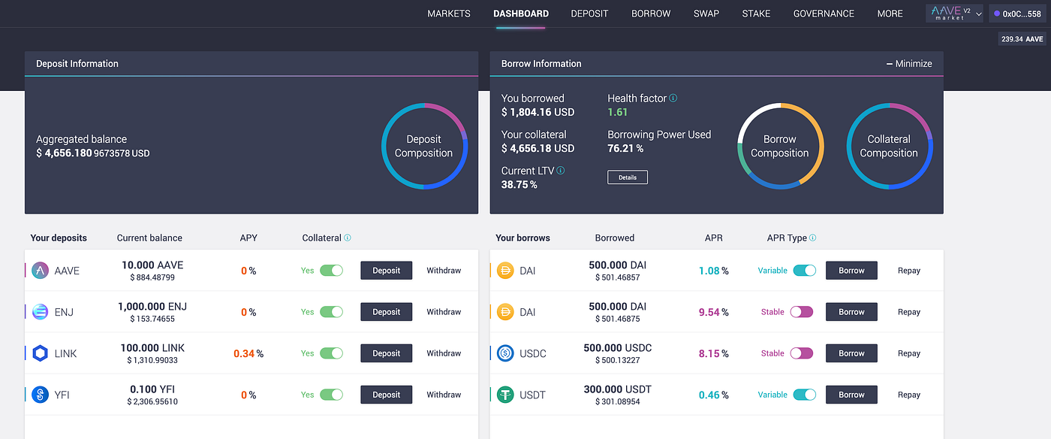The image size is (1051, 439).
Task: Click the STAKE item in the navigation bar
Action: (756, 14)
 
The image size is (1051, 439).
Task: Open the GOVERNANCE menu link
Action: (824, 14)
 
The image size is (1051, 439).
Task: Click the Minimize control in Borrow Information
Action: (909, 64)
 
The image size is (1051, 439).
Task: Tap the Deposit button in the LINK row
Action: (386, 353)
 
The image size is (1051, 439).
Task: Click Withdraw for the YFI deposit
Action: (444, 395)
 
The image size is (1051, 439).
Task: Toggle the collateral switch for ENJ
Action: (331, 312)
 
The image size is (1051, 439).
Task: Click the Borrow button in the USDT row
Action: (851, 395)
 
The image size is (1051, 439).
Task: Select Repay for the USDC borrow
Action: (908, 353)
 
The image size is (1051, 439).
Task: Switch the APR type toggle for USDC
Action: (801, 353)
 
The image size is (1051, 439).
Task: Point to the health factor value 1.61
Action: (617, 112)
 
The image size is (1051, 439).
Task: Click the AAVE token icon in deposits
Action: (41, 271)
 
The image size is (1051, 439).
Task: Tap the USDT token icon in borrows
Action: (505, 395)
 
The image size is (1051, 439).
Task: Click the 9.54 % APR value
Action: (713, 312)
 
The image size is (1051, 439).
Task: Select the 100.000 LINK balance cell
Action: (152, 348)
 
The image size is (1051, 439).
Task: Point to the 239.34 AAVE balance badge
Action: (1022, 39)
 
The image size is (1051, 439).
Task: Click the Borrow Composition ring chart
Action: (780, 146)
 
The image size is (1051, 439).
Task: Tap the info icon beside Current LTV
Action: (561, 171)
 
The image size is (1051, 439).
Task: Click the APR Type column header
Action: (786, 238)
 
